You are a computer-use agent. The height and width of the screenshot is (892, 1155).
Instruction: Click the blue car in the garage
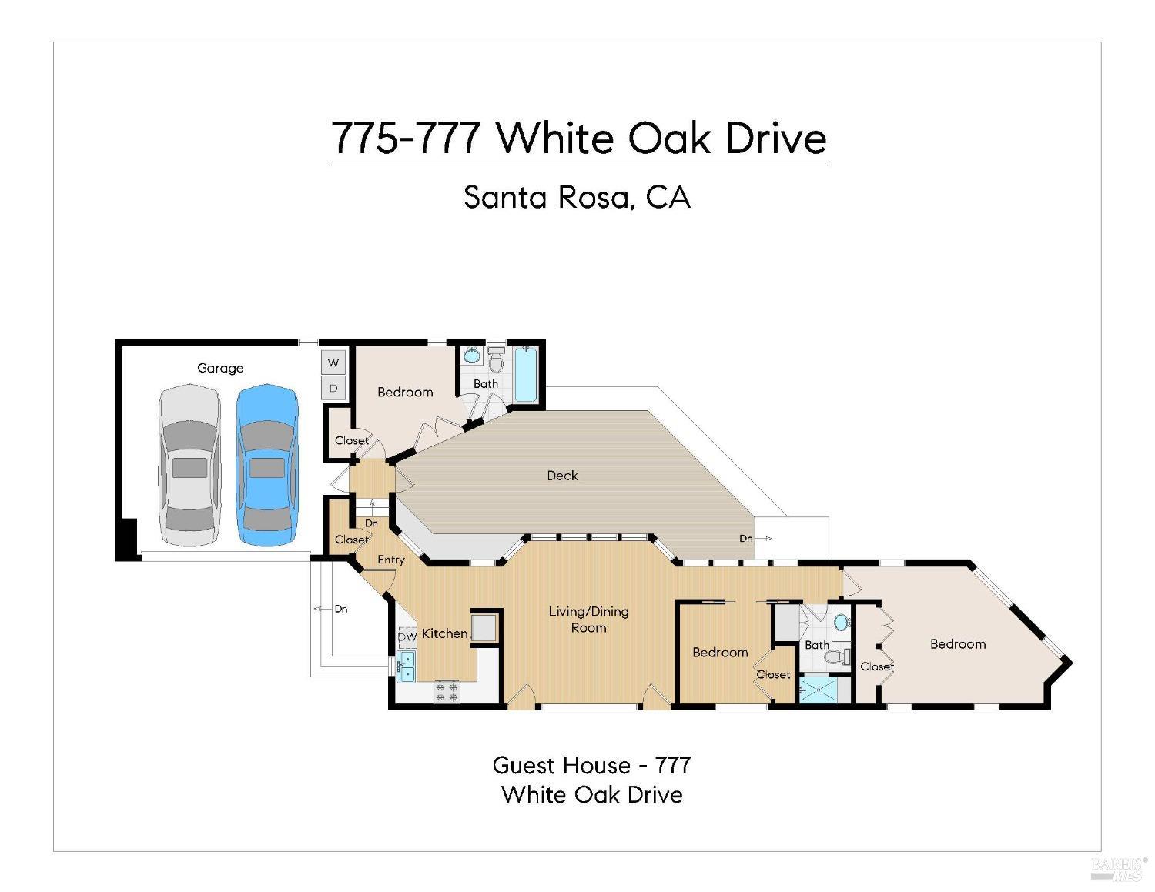(266, 465)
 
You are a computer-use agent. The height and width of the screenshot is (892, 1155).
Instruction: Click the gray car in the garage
(189, 465)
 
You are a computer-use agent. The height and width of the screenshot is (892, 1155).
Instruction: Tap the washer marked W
(333, 362)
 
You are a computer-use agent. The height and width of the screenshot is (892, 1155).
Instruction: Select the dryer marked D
(333, 388)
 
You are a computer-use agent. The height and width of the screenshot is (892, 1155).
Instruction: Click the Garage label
(220, 368)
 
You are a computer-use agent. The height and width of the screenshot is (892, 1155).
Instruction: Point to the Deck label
(562, 476)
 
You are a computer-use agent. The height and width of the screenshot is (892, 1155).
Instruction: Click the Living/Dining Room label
(588, 620)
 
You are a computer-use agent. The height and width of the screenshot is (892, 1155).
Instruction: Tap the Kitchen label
(444, 633)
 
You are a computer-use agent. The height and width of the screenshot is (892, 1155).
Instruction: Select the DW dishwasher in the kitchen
(407, 637)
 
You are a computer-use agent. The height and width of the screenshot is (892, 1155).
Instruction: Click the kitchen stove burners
(447, 691)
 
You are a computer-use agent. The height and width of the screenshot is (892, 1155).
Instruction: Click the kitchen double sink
(406, 666)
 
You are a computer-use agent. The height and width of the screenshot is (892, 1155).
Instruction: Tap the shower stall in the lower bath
(817, 690)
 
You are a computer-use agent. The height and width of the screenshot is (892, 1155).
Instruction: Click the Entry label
(390, 560)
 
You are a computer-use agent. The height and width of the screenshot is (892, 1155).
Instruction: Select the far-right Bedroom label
(957, 644)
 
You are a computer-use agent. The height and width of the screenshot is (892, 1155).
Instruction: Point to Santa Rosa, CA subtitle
(577, 198)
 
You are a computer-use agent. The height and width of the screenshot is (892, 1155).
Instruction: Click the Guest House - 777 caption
(591, 765)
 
